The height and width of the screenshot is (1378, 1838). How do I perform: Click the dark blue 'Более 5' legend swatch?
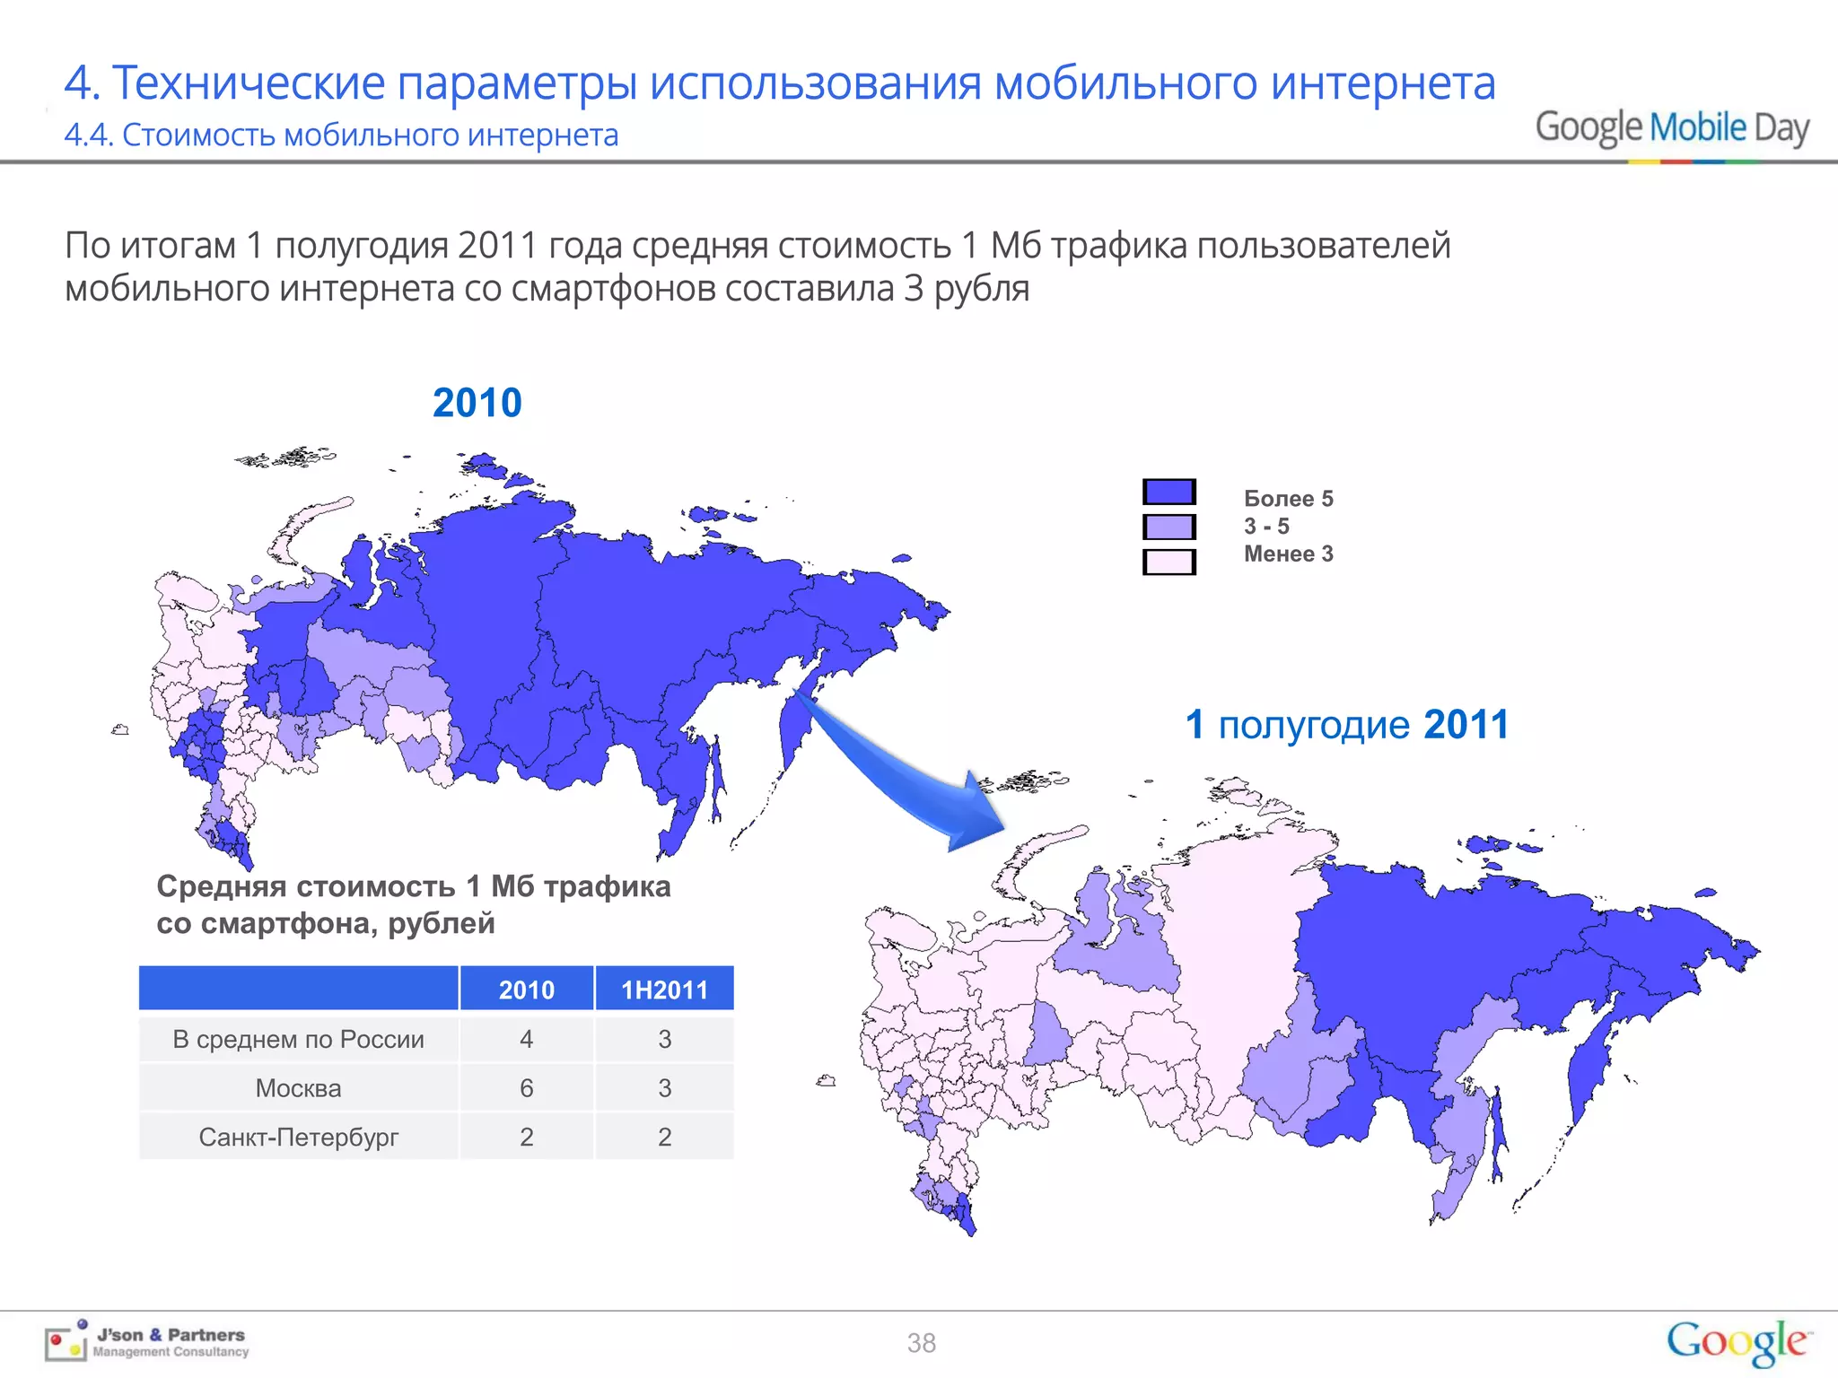click(1168, 492)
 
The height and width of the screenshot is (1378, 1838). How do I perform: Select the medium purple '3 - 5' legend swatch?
click(1168, 527)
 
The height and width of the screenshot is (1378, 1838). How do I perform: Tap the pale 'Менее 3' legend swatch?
click(1168, 562)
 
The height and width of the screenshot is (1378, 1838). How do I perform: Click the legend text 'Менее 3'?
click(1288, 554)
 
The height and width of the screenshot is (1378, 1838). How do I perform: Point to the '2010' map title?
click(477, 403)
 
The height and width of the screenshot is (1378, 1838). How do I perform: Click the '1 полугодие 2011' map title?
click(1346, 725)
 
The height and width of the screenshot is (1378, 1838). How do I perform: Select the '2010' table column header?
click(526, 990)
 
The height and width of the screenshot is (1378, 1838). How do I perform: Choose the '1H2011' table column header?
click(664, 990)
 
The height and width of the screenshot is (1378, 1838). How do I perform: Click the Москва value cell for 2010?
click(526, 1088)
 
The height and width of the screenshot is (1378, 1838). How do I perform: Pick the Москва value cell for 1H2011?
click(664, 1088)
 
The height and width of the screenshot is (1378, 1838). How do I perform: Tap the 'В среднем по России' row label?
click(298, 1039)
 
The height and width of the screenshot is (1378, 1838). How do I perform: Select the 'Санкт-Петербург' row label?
click(298, 1138)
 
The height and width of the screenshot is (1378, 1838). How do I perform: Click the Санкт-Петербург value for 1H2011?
click(664, 1138)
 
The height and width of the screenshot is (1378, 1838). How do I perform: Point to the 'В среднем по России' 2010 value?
click(526, 1039)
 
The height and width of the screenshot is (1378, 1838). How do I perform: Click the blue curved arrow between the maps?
click(897, 772)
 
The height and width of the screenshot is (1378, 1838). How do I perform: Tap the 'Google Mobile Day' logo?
click(1671, 129)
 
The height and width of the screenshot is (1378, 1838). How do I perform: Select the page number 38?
click(921, 1343)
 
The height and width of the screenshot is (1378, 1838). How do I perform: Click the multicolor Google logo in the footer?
click(1737, 1342)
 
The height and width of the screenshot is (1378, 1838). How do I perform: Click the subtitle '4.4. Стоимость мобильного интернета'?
click(341, 135)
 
